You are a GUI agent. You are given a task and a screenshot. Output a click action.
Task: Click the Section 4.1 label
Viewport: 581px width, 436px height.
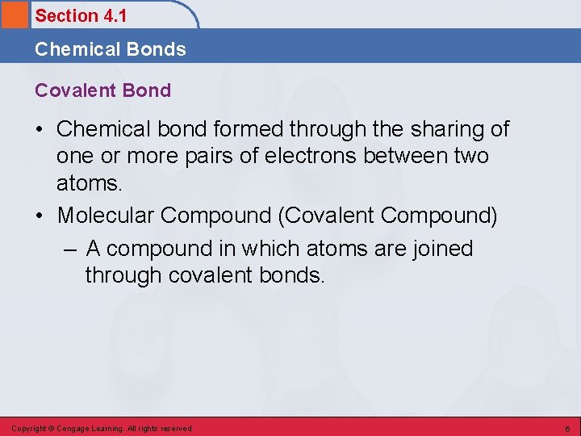coord(81,15)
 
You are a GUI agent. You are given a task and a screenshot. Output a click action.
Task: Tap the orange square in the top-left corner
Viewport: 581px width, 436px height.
coord(14,15)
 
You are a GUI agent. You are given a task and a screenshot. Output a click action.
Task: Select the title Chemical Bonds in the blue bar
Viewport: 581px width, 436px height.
coord(110,49)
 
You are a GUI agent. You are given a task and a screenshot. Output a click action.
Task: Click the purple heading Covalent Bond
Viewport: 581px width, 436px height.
coord(102,90)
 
